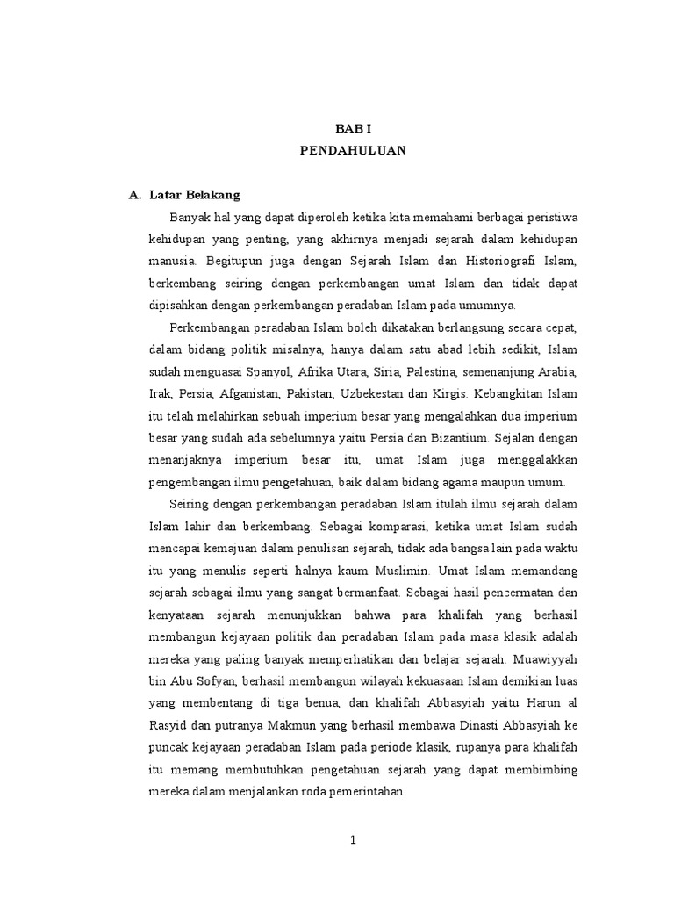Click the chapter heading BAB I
tap(352, 128)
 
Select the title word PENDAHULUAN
tap(352, 150)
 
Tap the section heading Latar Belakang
tap(195, 194)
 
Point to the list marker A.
tap(134, 194)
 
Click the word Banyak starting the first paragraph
tap(189, 217)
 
